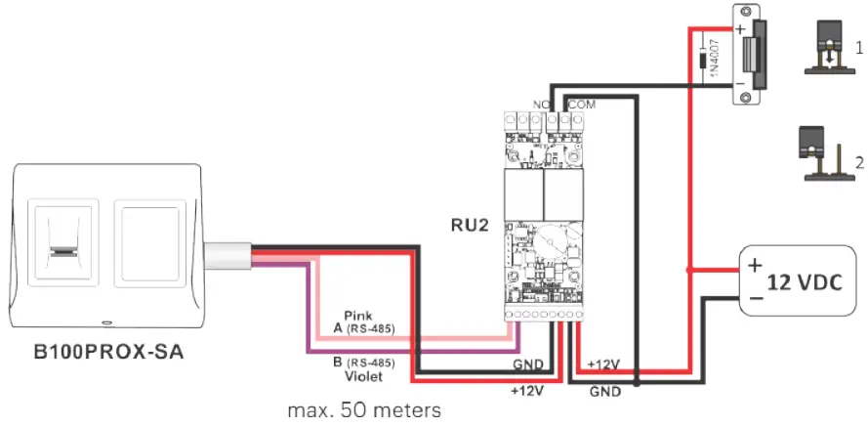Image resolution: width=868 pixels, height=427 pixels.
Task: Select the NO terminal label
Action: [539, 103]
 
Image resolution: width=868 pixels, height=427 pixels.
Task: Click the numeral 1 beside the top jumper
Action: [858, 47]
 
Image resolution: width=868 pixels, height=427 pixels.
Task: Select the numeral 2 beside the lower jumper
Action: [858, 161]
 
